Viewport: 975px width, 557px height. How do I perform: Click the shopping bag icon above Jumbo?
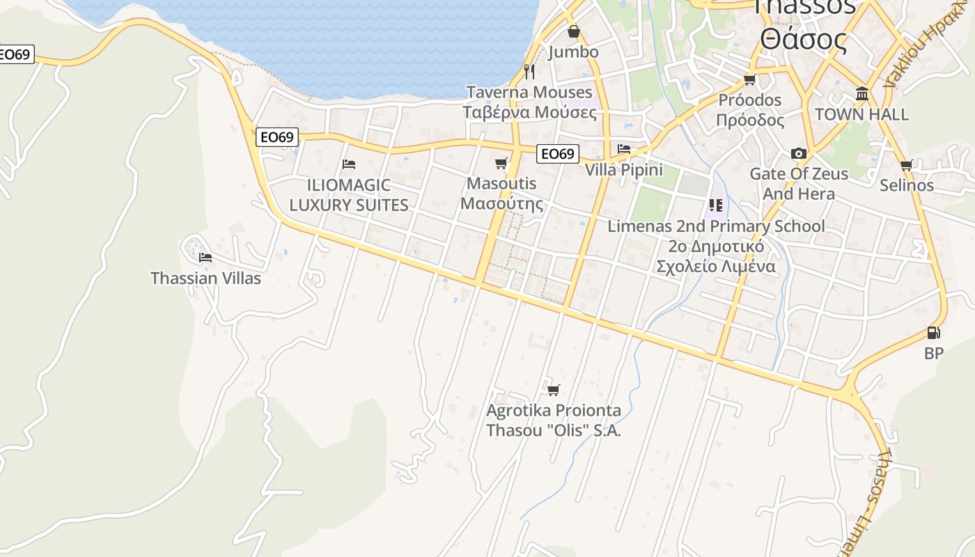[573, 31]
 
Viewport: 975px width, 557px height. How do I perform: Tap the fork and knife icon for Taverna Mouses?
[529, 71]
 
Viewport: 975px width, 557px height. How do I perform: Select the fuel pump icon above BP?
[934, 333]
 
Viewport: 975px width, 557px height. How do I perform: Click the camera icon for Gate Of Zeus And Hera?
[799, 153]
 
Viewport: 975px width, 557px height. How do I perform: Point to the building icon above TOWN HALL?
[862, 94]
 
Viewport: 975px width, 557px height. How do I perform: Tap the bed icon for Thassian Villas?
[205, 258]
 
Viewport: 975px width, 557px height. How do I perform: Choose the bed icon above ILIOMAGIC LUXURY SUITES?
[349, 164]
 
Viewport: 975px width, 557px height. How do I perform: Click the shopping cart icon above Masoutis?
[501, 163]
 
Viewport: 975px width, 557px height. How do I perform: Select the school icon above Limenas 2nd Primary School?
[715, 205]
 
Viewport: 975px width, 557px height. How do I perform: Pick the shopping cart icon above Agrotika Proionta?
[553, 390]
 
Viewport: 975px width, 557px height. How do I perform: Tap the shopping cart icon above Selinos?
[906, 165]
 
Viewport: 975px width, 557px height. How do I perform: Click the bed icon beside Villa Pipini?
[624, 149]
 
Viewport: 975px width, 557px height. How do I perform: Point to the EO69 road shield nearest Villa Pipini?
[559, 154]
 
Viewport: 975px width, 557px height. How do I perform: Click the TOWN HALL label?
[861, 114]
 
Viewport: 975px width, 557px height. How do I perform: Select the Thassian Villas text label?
[205, 278]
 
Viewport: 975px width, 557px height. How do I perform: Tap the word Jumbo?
[573, 52]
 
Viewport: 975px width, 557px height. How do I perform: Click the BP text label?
[934, 354]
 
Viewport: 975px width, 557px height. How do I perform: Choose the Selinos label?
[906, 185]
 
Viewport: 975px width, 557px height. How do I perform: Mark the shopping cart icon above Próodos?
[750, 79]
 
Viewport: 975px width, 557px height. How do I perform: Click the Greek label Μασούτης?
[501, 204]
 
